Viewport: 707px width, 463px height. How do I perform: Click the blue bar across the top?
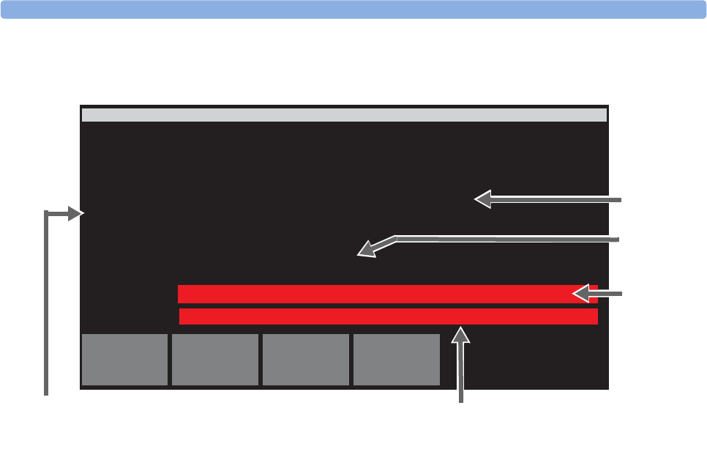353,9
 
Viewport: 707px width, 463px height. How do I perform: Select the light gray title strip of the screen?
344,115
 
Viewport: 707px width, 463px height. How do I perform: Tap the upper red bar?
373,294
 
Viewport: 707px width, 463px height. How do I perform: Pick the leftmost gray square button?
124,360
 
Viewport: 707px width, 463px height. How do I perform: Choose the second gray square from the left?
215,360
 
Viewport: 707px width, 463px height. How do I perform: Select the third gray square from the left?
306,360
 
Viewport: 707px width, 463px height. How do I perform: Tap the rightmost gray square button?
397,360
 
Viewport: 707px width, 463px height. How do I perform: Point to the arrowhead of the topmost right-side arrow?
483,199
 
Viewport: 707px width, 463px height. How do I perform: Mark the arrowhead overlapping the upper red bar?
581,294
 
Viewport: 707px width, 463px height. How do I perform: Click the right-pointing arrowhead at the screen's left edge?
77,213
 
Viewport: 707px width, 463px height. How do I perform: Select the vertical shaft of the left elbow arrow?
47,308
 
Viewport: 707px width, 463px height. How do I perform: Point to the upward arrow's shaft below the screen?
461,374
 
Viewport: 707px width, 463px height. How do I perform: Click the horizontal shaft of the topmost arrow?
556,199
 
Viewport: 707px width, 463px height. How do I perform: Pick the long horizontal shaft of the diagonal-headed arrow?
512,238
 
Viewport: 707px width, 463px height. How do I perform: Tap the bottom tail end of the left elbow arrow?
47,393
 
